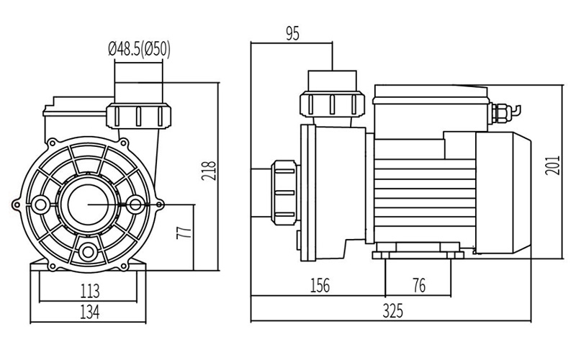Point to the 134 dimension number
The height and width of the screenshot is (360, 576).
[x=89, y=312]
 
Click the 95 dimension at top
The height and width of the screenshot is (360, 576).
[x=292, y=32]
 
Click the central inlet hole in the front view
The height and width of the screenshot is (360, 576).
[x=89, y=205]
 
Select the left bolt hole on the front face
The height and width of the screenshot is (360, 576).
[x=41, y=206]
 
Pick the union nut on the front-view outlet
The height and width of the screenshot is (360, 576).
[x=140, y=114]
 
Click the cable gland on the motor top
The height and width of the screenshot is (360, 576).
[x=500, y=111]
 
